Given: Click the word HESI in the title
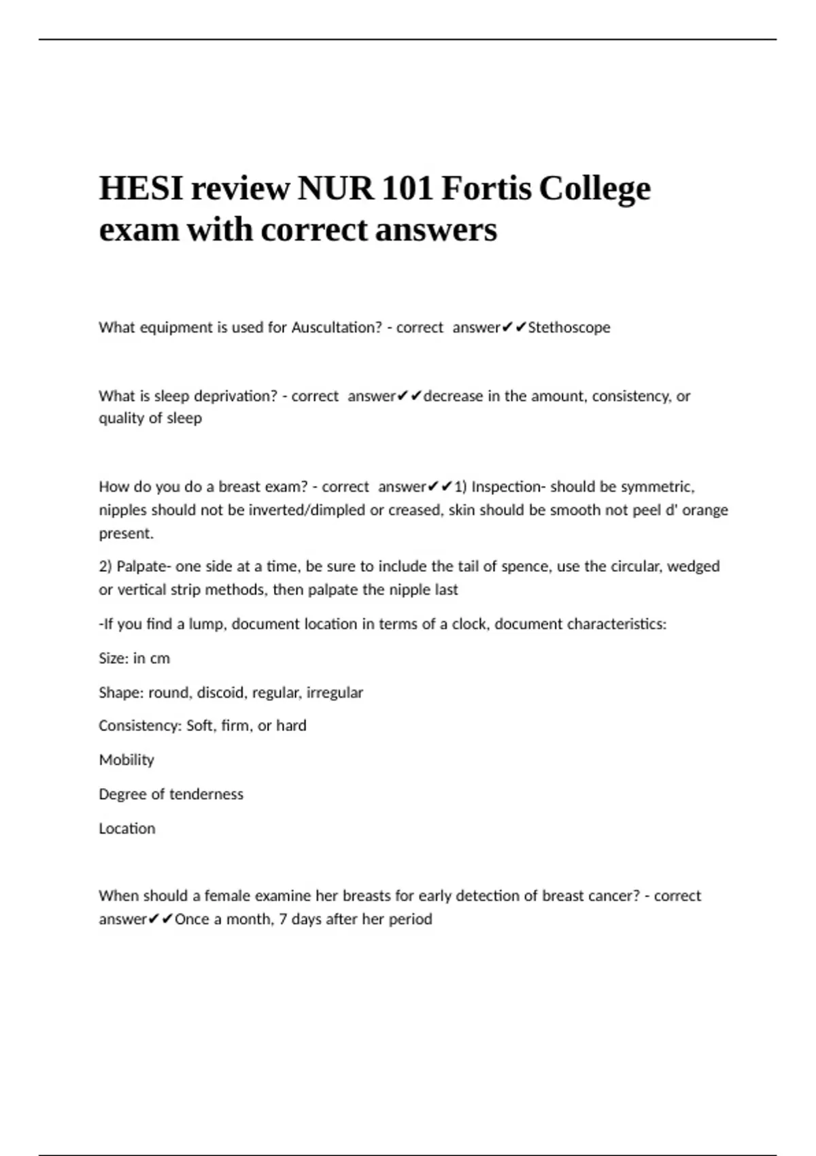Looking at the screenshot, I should coord(141,188).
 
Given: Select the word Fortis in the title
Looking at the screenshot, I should coord(486,188).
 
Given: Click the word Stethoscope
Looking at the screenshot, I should coord(569,328).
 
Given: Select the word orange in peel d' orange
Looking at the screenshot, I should coord(705,510).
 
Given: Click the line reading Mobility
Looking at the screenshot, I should coord(126,760).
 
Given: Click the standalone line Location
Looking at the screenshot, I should coord(127,829).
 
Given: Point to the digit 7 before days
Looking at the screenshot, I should coord(283,919).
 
